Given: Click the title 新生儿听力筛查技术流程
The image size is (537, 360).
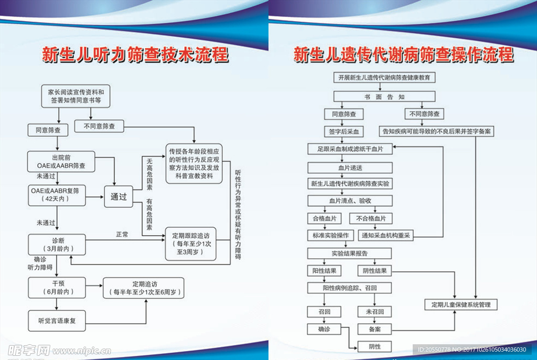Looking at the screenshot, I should (135, 55).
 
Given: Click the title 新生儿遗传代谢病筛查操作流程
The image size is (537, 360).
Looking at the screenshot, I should (403, 55).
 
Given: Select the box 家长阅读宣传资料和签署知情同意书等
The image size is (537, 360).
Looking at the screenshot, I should (77, 95).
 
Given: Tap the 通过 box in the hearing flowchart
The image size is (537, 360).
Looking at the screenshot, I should (119, 197).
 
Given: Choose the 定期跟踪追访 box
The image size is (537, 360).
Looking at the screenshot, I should (190, 243).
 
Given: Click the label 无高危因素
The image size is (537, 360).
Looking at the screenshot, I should (149, 174).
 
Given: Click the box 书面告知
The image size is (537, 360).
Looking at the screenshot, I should (385, 97).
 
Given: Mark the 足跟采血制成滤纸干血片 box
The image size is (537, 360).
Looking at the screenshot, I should (350, 149).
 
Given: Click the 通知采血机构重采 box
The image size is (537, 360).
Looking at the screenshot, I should (386, 236).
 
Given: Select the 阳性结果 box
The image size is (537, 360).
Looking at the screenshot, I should (324, 271).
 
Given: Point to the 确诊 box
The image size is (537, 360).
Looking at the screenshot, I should (324, 329).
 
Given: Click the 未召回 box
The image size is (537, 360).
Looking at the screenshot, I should (374, 312).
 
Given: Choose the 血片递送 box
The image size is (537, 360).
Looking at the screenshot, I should (350, 167).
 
